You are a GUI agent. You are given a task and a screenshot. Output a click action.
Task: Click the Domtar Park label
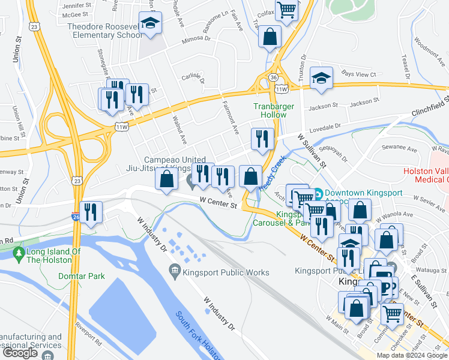click(82, 276)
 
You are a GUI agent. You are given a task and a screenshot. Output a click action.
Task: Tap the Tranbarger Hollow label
click(270, 110)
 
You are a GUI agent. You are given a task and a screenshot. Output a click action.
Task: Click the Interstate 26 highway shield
click(76, 215)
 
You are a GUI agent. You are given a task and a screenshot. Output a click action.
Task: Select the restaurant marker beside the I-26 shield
click(91, 212)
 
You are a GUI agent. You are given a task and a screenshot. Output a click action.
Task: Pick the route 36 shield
click(274, 78)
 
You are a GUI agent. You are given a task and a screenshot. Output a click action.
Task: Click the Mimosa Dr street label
click(197, 37)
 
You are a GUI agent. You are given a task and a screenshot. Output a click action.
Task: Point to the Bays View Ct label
click(358, 74)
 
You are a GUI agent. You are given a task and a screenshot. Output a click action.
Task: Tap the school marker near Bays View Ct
click(321, 79)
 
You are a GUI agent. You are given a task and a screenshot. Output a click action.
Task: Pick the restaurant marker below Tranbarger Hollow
click(262, 139)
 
